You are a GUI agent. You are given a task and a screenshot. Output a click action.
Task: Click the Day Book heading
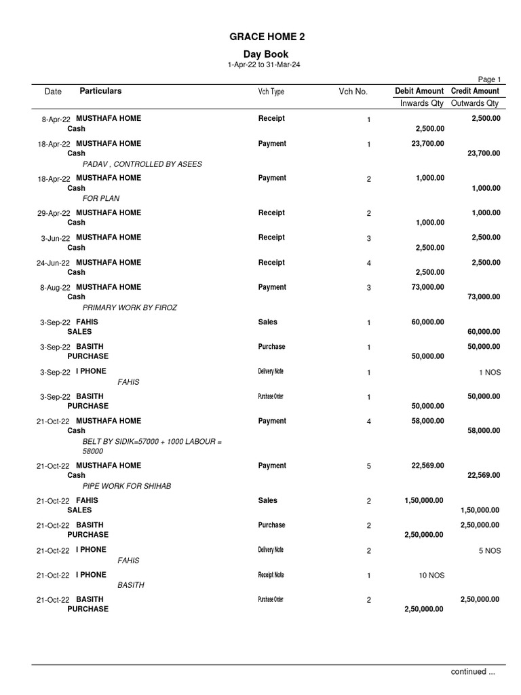(x=266, y=54)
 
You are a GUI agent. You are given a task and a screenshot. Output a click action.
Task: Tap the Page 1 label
(x=490, y=79)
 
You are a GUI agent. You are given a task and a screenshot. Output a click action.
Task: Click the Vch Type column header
(x=271, y=92)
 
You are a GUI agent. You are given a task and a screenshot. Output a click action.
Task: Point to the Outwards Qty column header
(x=475, y=103)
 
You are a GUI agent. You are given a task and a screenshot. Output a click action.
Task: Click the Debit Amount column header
(x=419, y=91)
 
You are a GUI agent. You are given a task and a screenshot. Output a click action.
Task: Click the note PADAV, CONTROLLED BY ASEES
(x=142, y=164)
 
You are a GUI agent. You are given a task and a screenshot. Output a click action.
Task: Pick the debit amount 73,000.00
(x=427, y=287)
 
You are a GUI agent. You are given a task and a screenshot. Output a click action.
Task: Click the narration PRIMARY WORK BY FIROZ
(x=130, y=307)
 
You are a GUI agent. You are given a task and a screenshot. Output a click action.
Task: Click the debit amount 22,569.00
(x=427, y=466)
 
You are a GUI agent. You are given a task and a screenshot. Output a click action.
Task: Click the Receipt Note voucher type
(x=271, y=575)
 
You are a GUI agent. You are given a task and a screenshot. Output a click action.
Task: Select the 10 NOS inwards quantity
(x=431, y=575)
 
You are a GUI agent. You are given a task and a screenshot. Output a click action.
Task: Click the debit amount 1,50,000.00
(x=424, y=500)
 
